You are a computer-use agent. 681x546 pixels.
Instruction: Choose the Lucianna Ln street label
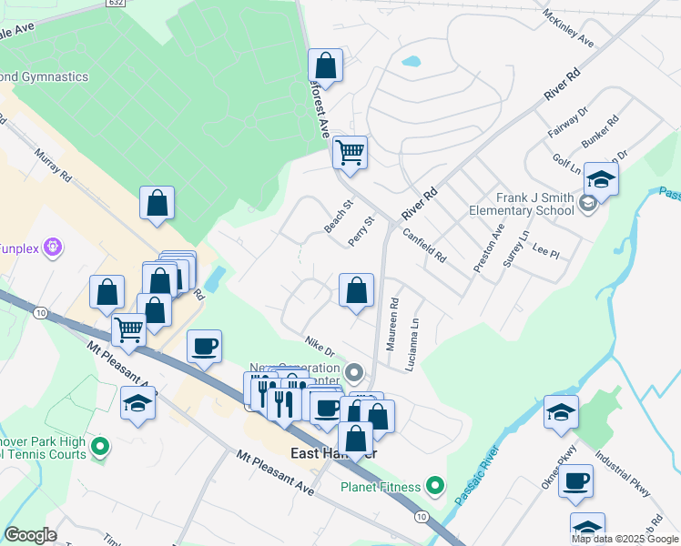point(414,336)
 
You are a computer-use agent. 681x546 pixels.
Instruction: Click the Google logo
point(31,535)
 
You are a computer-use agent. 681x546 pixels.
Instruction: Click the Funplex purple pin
point(54,246)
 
